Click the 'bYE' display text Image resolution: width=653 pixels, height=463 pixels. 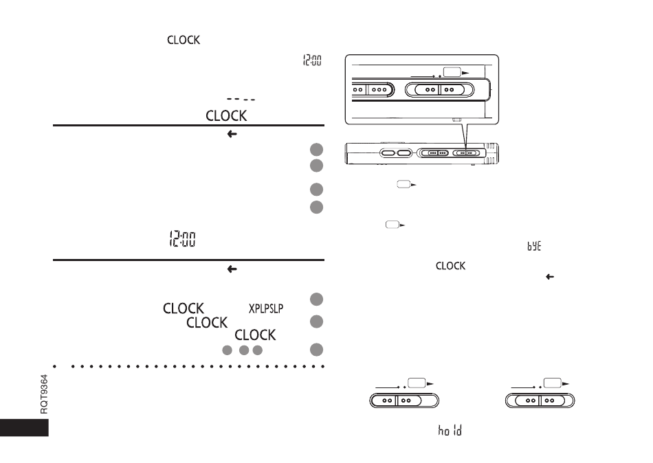coord(534,246)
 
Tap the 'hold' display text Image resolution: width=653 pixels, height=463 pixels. coord(450,430)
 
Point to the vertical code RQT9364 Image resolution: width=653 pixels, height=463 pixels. coord(44,394)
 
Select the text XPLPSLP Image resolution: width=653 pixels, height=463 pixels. coord(266,308)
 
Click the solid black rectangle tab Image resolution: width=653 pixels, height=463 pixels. coord(24,427)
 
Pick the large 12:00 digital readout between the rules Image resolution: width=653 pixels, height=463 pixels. coord(182,238)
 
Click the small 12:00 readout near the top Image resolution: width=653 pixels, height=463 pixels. coord(312,60)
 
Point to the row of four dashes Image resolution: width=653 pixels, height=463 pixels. coord(241,99)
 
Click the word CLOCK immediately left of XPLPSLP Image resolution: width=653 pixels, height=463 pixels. coord(184,308)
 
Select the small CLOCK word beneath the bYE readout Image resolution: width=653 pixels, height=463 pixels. coord(451,266)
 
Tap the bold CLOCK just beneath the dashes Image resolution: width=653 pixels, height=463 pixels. coord(226,115)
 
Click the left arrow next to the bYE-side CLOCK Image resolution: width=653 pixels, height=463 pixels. coord(550,276)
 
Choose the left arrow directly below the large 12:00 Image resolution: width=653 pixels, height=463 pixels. coord(232,269)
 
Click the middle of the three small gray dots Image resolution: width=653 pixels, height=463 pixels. coord(244,350)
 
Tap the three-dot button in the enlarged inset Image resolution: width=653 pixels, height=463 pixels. coord(379,89)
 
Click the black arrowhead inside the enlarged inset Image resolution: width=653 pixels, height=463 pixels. coord(465,73)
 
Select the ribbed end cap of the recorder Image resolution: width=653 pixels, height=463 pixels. coord(491,153)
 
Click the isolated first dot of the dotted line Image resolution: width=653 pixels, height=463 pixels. coord(54,367)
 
